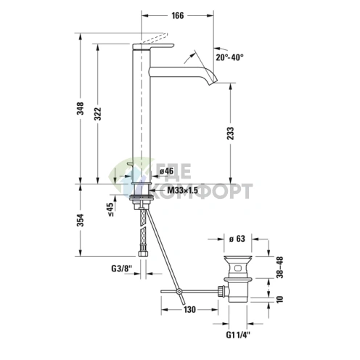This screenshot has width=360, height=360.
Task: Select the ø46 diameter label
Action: (x=165, y=172)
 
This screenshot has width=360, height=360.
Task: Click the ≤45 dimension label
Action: (x=110, y=209)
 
